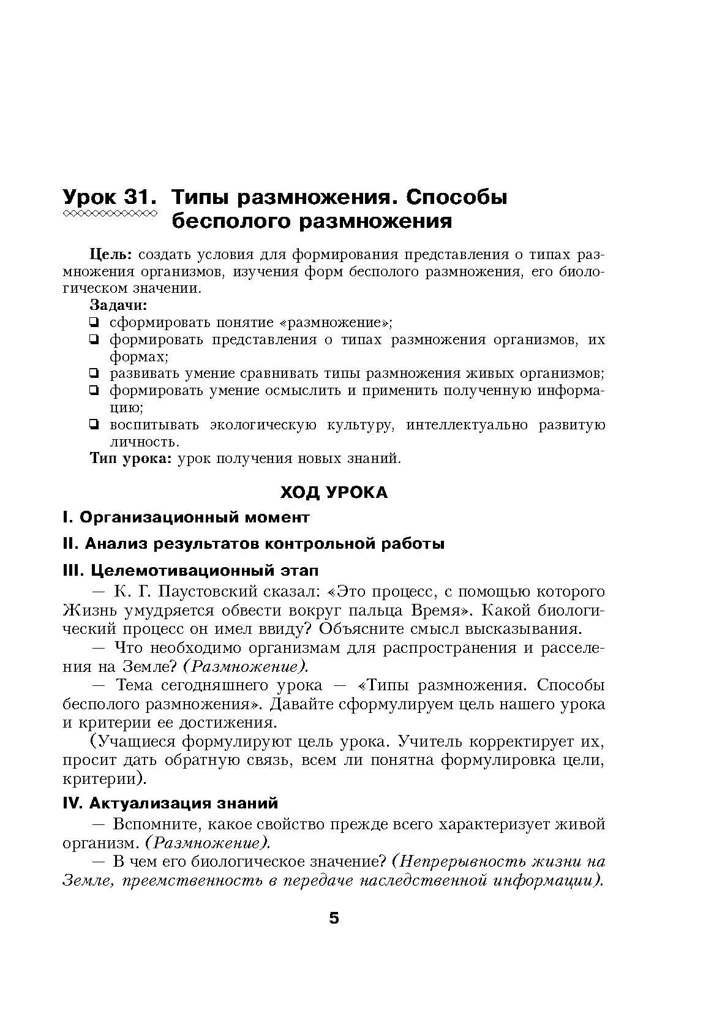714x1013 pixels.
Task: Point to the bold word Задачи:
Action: [x=119, y=305]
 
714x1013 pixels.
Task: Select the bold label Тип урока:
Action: [x=131, y=458]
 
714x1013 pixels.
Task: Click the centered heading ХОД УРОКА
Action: [x=334, y=493]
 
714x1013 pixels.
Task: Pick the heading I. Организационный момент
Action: [x=186, y=518]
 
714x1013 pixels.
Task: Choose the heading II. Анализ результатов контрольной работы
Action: [x=254, y=544]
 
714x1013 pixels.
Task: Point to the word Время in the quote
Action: [x=439, y=611]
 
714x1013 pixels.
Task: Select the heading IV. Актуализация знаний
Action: [x=170, y=803]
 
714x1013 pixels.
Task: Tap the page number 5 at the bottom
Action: [x=334, y=918]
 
